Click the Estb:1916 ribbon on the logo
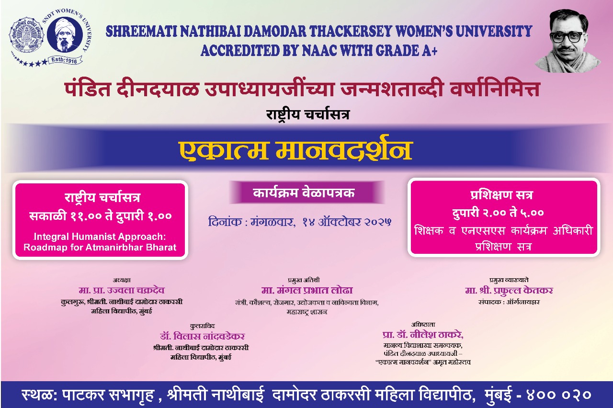coord(66,60)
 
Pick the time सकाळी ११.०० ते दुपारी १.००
coord(101,216)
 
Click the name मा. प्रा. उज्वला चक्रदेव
coord(122,290)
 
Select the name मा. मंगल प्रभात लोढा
coord(307,290)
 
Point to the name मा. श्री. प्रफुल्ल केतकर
coord(509,291)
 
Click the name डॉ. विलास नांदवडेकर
coord(202,336)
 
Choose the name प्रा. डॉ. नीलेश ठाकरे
coord(423,335)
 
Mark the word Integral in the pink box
coord(50,237)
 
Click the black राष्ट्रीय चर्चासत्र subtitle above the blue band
coord(308,114)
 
